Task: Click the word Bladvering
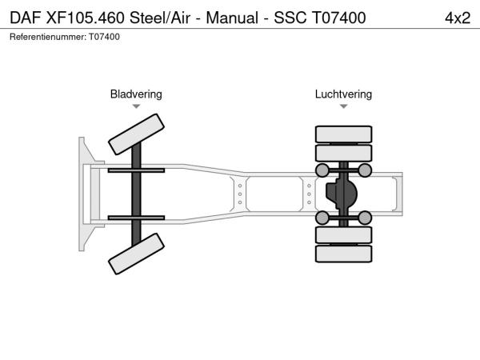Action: tap(136, 94)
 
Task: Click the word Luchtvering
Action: tap(343, 94)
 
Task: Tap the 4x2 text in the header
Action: tap(457, 17)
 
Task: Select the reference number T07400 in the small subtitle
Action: tap(105, 37)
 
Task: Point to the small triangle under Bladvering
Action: tap(136, 106)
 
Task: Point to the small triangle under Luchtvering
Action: tap(343, 106)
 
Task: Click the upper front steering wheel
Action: tap(136, 134)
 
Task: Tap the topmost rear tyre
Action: tap(343, 134)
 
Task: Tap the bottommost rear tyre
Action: tap(343, 254)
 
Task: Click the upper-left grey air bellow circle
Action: tap(322, 170)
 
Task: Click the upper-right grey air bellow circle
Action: tap(365, 170)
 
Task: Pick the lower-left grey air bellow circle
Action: tap(322, 218)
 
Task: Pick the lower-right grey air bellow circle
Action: tap(365, 218)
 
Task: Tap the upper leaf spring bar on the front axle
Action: tap(136, 170)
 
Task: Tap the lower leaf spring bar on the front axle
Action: tap(136, 218)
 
